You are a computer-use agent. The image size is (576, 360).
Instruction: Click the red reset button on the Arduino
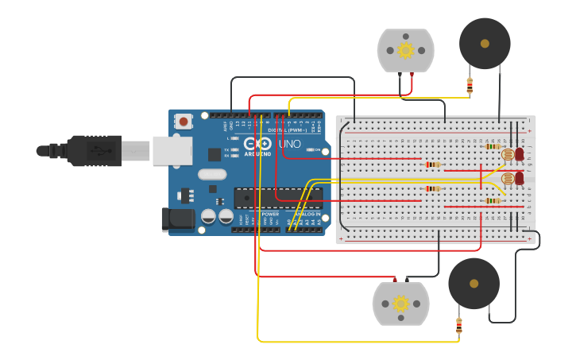[x=184, y=122]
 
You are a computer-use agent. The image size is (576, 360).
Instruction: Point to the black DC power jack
[x=177, y=220]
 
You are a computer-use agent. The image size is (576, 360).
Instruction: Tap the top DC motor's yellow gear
[x=406, y=51]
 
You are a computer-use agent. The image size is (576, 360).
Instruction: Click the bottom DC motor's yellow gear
[x=401, y=304]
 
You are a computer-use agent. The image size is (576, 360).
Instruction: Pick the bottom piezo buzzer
[x=474, y=283]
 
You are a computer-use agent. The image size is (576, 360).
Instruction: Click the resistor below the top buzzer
[x=470, y=85]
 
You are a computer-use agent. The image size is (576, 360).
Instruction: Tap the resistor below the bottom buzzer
[x=459, y=326]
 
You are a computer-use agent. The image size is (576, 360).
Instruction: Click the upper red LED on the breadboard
[x=520, y=154]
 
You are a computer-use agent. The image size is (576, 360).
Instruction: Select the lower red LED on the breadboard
[x=520, y=179]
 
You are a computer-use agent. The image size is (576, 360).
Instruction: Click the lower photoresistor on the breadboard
[x=508, y=178]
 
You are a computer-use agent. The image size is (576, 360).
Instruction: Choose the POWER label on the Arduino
[x=270, y=214]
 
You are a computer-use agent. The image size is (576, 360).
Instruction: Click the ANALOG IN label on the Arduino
[x=307, y=214]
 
